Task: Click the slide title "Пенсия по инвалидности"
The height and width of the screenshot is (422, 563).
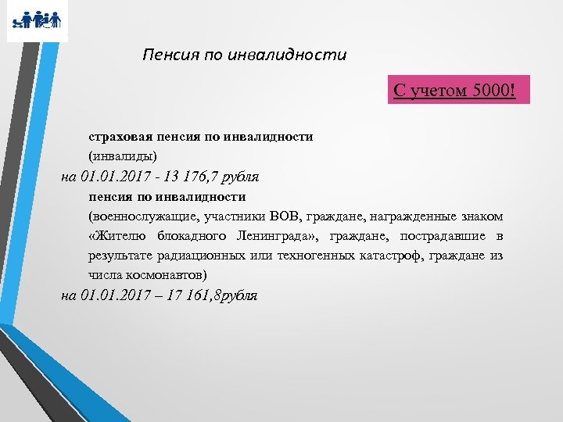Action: [244, 55]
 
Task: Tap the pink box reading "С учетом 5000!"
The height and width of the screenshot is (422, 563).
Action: [454, 91]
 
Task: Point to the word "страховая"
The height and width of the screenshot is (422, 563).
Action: [118, 136]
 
